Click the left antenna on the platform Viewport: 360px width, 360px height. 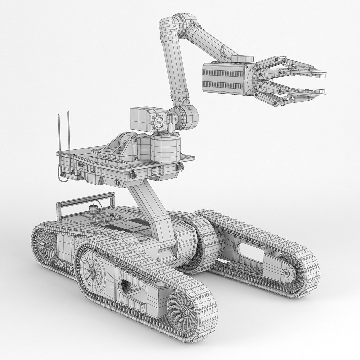click(59, 133)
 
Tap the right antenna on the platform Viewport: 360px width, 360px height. click(68, 133)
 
